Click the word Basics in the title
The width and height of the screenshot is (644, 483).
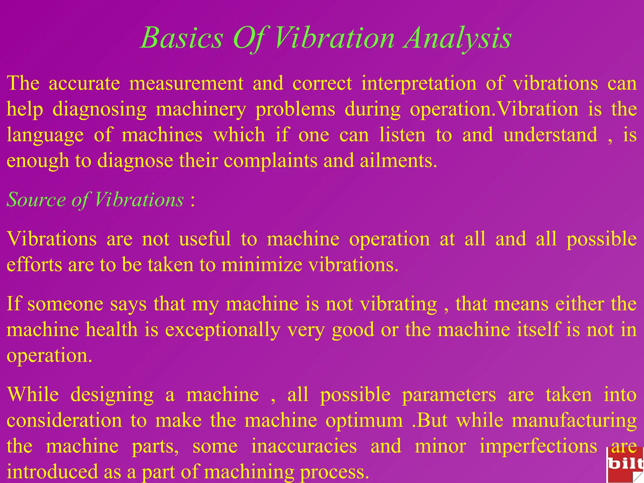point(182,38)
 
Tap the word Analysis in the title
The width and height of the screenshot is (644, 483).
point(458,38)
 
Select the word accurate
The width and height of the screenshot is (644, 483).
point(84,84)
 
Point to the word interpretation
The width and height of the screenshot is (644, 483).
point(419,84)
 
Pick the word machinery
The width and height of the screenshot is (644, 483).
point(201,109)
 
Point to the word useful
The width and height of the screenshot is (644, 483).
point(205,239)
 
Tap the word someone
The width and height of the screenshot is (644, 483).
point(65,304)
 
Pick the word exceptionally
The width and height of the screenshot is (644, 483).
point(223,330)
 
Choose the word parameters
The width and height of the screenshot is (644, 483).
point(449,395)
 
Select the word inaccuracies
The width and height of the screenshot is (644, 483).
point(304,447)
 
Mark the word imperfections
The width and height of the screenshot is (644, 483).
point(538,447)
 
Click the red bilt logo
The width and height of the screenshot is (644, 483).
point(625,465)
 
